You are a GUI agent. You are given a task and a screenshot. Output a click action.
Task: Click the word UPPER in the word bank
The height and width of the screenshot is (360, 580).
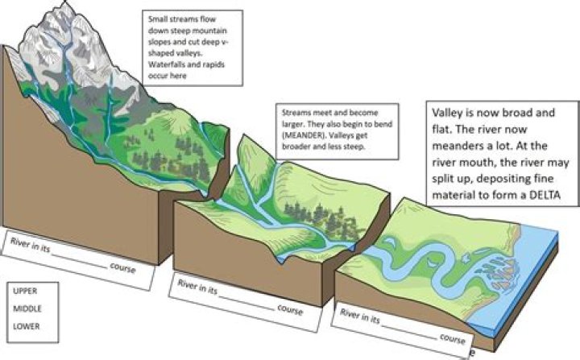coord(25,291)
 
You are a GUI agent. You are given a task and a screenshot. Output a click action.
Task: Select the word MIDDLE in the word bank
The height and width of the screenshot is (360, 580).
coord(27,308)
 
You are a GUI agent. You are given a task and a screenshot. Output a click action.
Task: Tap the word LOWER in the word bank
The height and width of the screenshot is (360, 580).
coord(27,326)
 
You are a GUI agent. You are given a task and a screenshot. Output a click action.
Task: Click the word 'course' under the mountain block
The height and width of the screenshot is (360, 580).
coord(122,268)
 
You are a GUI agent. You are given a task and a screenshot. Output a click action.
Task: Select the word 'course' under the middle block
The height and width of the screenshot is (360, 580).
coord(290,310)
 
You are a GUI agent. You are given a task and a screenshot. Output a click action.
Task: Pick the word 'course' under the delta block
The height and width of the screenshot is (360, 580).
coord(453,338)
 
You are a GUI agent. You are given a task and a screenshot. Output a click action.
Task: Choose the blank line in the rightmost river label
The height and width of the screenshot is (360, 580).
coord(409,332)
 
